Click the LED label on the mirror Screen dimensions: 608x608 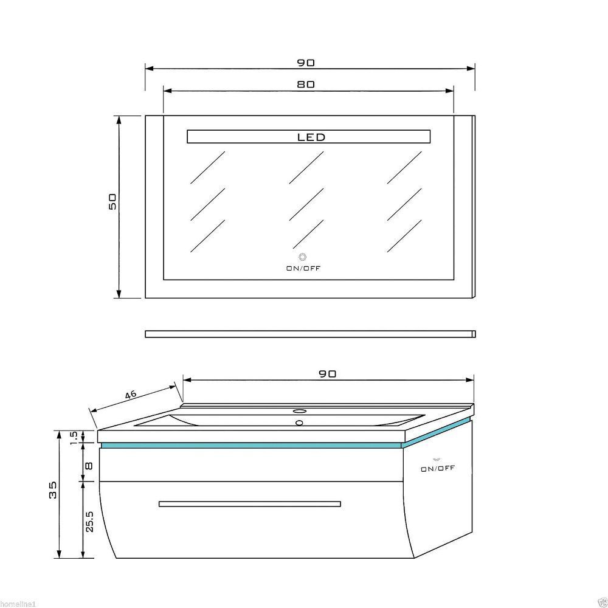tap(311, 137)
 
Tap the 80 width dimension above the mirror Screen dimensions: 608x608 tap(306, 84)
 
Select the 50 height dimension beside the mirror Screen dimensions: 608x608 tap(112, 202)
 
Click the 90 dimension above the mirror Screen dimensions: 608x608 tap(306, 63)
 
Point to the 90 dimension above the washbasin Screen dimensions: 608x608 tap(328, 374)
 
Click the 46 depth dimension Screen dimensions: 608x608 tap(131, 395)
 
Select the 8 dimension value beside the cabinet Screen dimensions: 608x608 tap(89, 465)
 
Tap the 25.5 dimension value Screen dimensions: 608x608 tap(89, 522)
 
